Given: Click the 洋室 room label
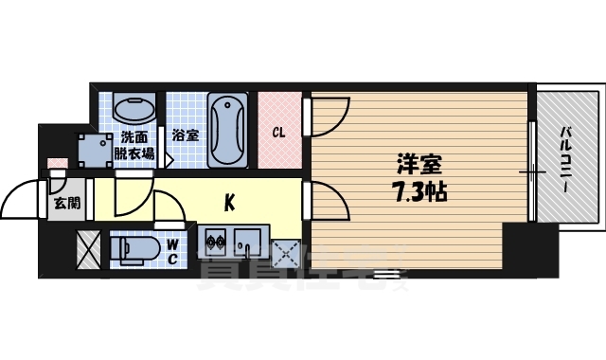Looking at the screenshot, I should click(x=418, y=163).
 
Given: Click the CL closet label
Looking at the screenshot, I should click(x=279, y=132).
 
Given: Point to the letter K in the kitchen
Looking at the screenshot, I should click(x=229, y=201).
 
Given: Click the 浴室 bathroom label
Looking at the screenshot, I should click(x=186, y=135).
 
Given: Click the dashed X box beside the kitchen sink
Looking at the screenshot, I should click(x=284, y=251).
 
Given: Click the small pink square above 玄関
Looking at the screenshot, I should click(x=58, y=163).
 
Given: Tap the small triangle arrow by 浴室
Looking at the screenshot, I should click(x=169, y=159).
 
